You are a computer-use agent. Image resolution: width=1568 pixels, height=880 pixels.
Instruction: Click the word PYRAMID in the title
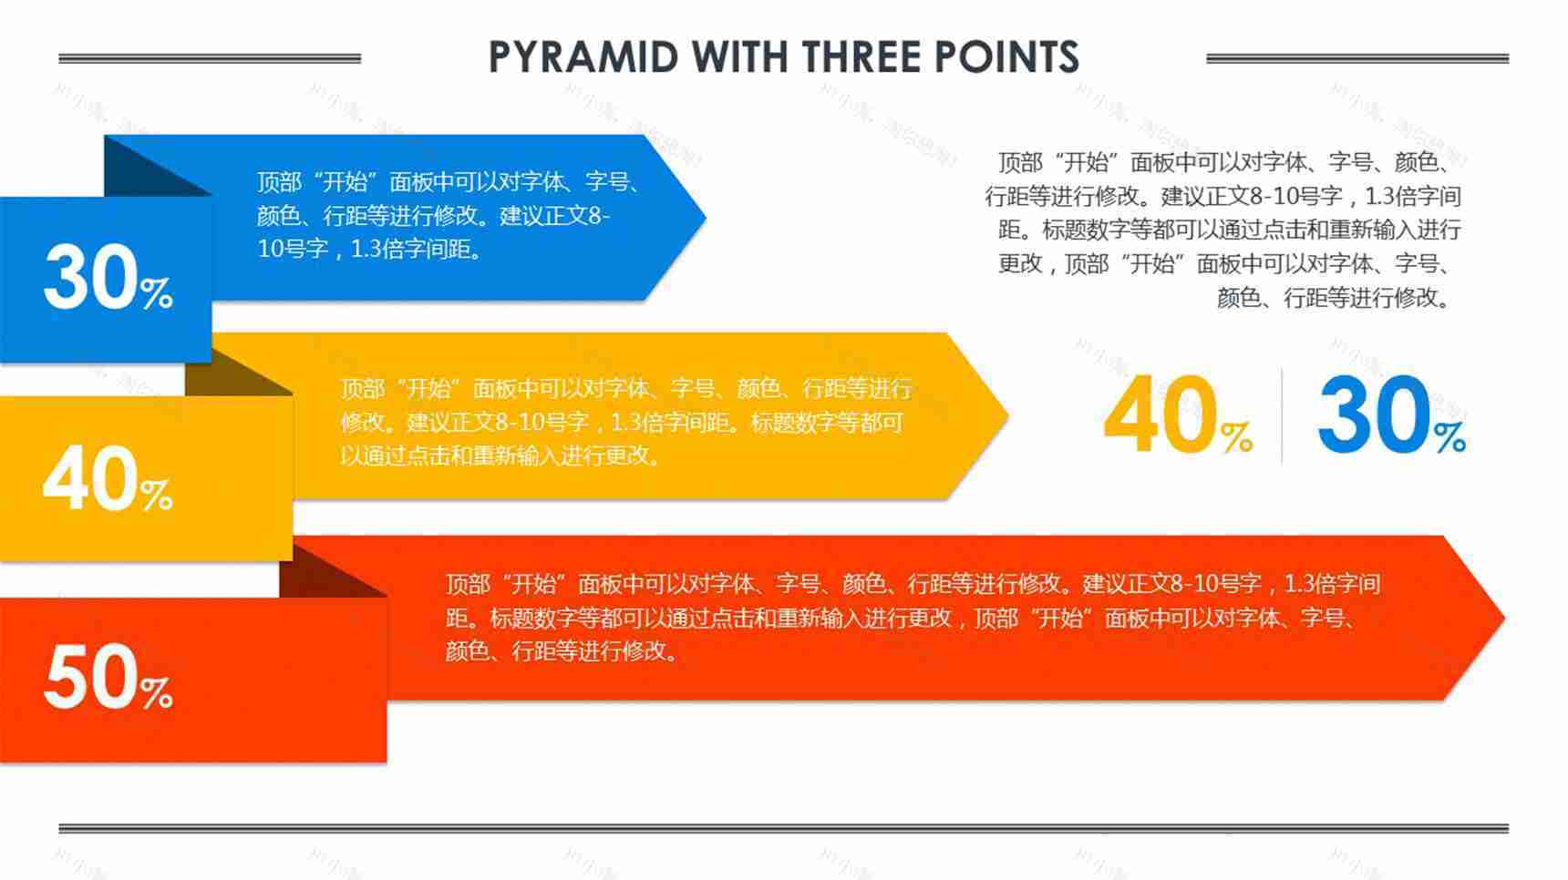tap(583, 57)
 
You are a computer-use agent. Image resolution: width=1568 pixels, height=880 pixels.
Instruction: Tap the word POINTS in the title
tap(1006, 57)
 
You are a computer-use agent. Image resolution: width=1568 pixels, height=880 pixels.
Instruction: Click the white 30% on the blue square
tap(108, 277)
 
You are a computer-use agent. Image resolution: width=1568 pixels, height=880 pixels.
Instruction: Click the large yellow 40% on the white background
tap(1178, 415)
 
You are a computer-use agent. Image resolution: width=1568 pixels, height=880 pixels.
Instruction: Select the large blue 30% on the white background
tap(1391, 415)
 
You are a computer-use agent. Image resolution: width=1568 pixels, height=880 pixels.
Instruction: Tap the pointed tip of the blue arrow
tap(705, 218)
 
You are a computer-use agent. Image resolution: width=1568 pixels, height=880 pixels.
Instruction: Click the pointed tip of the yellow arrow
tap(1007, 416)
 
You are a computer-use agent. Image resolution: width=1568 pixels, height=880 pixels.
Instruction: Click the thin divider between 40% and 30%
tap(1282, 415)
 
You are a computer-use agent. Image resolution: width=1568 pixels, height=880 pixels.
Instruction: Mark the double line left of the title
tap(210, 58)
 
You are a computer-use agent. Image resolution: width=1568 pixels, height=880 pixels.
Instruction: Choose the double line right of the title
tap(1357, 58)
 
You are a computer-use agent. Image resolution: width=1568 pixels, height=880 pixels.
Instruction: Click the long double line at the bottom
tap(783, 828)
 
